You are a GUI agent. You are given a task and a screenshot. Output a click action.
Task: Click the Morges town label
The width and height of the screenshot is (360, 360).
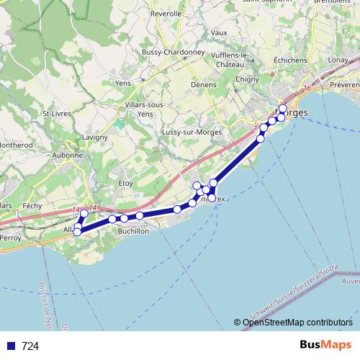tap(292, 114)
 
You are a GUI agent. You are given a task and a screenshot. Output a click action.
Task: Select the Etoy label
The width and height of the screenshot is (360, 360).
tap(126, 184)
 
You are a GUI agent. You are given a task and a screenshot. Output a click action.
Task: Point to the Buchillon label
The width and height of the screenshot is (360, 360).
tap(132, 231)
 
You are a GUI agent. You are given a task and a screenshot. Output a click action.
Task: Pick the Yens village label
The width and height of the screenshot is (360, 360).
tap(122, 83)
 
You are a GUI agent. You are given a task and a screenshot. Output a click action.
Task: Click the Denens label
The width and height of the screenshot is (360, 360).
tap(203, 84)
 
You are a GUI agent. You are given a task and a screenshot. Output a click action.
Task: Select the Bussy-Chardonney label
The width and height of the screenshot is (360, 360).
tap(173, 53)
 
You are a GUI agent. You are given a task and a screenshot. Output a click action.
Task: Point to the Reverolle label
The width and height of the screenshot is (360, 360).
tap(166, 14)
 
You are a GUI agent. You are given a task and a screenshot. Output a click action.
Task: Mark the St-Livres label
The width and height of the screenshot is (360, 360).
tap(55, 113)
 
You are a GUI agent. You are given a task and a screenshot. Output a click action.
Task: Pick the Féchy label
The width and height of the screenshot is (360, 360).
tap(32, 205)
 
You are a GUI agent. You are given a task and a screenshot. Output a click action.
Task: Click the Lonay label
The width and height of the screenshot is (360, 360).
tap(338, 60)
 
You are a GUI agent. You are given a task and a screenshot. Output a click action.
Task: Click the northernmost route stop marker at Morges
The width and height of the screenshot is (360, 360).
tap(283, 109)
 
